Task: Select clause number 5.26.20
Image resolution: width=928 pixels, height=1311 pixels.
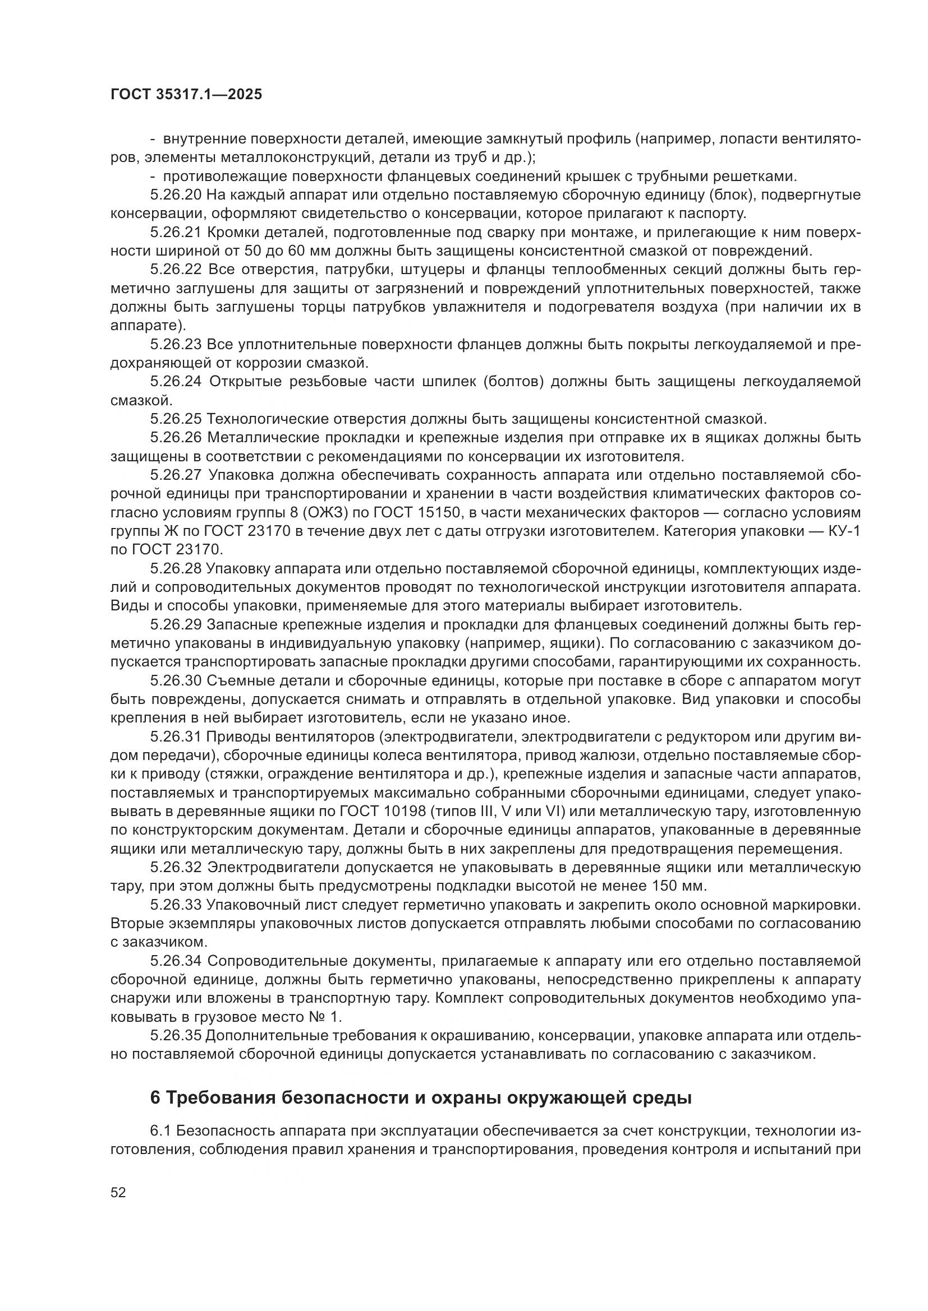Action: (176, 195)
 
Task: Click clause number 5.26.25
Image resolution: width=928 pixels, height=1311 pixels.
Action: (176, 419)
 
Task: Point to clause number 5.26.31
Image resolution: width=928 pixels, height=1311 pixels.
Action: (176, 737)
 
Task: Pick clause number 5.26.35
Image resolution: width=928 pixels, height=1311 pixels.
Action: (176, 1036)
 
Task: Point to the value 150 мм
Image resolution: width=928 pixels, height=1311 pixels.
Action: (678, 886)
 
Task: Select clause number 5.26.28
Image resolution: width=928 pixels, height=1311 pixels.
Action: (176, 569)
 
